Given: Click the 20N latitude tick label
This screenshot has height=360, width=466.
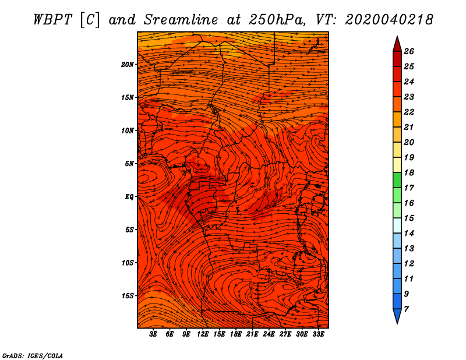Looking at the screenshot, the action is point(128,65).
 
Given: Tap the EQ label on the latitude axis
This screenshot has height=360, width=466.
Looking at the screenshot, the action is point(129,197).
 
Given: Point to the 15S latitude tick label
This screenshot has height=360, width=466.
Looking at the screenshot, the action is point(128,296).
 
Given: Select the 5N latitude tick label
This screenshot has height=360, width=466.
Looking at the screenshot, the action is point(129,164).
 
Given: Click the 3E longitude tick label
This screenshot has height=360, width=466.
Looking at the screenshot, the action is point(153,334).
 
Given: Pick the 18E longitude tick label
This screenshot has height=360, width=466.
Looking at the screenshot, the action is point(236,334).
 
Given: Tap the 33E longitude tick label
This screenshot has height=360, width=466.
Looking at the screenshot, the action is point(318,334).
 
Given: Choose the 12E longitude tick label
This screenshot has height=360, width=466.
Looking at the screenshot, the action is point(202,334).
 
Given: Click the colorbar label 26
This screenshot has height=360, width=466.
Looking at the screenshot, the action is point(409,51).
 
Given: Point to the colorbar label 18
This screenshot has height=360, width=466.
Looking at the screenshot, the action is point(409,172).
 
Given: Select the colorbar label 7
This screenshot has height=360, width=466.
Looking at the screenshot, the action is point(406,309).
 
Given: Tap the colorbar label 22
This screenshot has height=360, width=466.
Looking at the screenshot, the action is point(409,112).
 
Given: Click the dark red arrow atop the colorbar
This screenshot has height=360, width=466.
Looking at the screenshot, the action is point(397,44).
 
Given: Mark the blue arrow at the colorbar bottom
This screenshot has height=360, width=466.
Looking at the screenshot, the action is point(397,316).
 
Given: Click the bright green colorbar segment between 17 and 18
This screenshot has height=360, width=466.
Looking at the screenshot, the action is point(397,180).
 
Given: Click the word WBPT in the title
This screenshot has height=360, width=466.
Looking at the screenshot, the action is point(52,20).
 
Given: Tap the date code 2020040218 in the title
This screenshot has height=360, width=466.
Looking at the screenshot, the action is point(389,20).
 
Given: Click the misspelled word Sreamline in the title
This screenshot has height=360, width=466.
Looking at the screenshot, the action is point(181,20).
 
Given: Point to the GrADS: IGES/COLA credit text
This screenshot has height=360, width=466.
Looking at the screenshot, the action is point(33,355).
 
